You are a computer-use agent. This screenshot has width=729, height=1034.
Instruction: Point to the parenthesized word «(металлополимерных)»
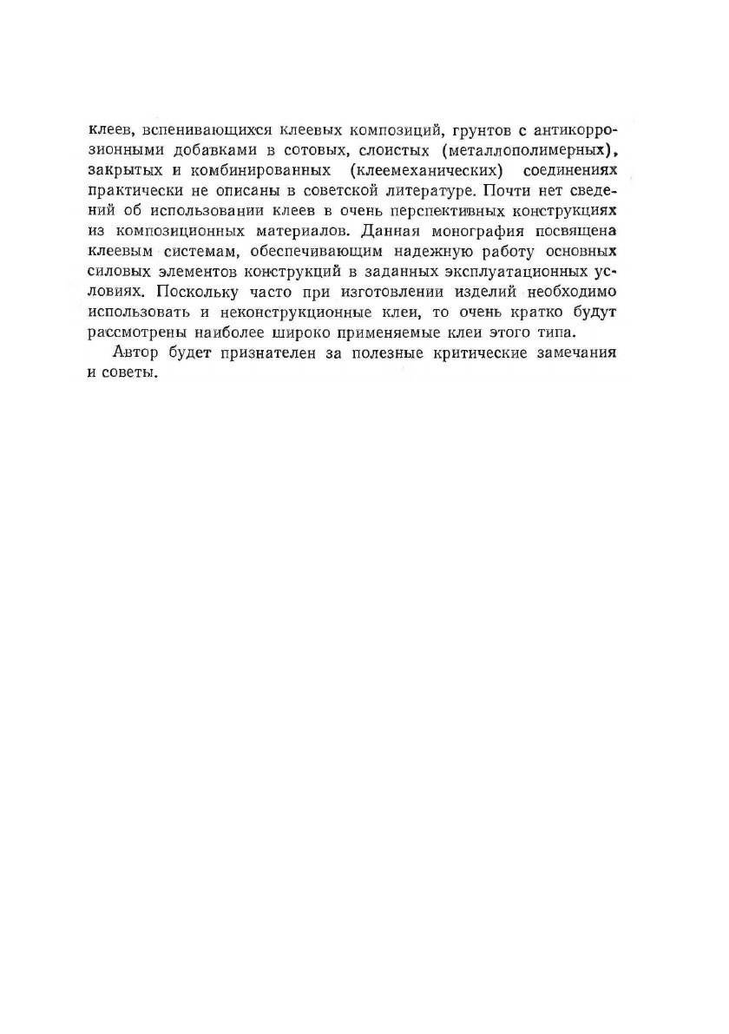point(532,150)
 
